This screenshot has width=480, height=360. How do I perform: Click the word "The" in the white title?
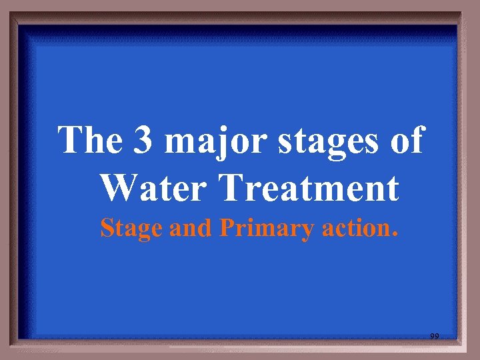89,140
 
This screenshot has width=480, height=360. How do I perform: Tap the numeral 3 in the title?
142,141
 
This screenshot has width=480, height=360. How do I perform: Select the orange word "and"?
191,228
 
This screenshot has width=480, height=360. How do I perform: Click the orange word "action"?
354,228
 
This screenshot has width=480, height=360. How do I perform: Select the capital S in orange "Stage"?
107,228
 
